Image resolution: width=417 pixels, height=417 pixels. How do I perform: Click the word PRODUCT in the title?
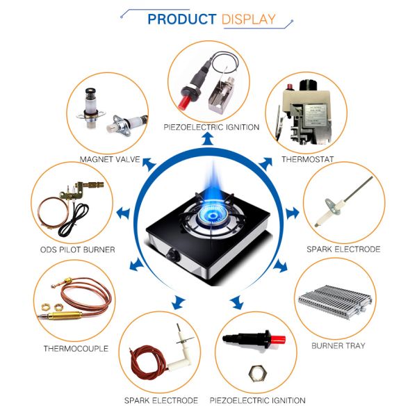[x=182, y=19]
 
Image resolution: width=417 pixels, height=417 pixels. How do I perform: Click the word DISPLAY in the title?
[x=248, y=19]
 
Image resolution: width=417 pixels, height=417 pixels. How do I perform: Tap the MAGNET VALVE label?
[x=110, y=159]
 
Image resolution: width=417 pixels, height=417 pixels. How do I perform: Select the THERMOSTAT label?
[x=308, y=159]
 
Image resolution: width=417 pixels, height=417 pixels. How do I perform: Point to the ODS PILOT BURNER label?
[x=78, y=250]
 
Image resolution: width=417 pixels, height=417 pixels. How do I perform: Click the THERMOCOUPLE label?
[x=76, y=349]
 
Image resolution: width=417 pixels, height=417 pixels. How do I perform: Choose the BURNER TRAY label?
[x=338, y=345]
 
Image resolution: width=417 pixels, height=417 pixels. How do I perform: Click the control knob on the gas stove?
[x=172, y=255]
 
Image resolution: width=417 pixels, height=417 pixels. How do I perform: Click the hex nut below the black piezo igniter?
[x=257, y=373]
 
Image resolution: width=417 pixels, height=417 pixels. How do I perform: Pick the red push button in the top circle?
[x=184, y=102]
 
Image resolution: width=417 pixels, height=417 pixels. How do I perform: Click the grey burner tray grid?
[x=335, y=302]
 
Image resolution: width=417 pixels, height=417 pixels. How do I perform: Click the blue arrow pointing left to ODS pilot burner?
[x=124, y=213]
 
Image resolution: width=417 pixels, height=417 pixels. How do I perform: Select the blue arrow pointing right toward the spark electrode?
[x=293, y=213]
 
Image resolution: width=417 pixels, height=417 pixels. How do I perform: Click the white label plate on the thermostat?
[x=316, y=115]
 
